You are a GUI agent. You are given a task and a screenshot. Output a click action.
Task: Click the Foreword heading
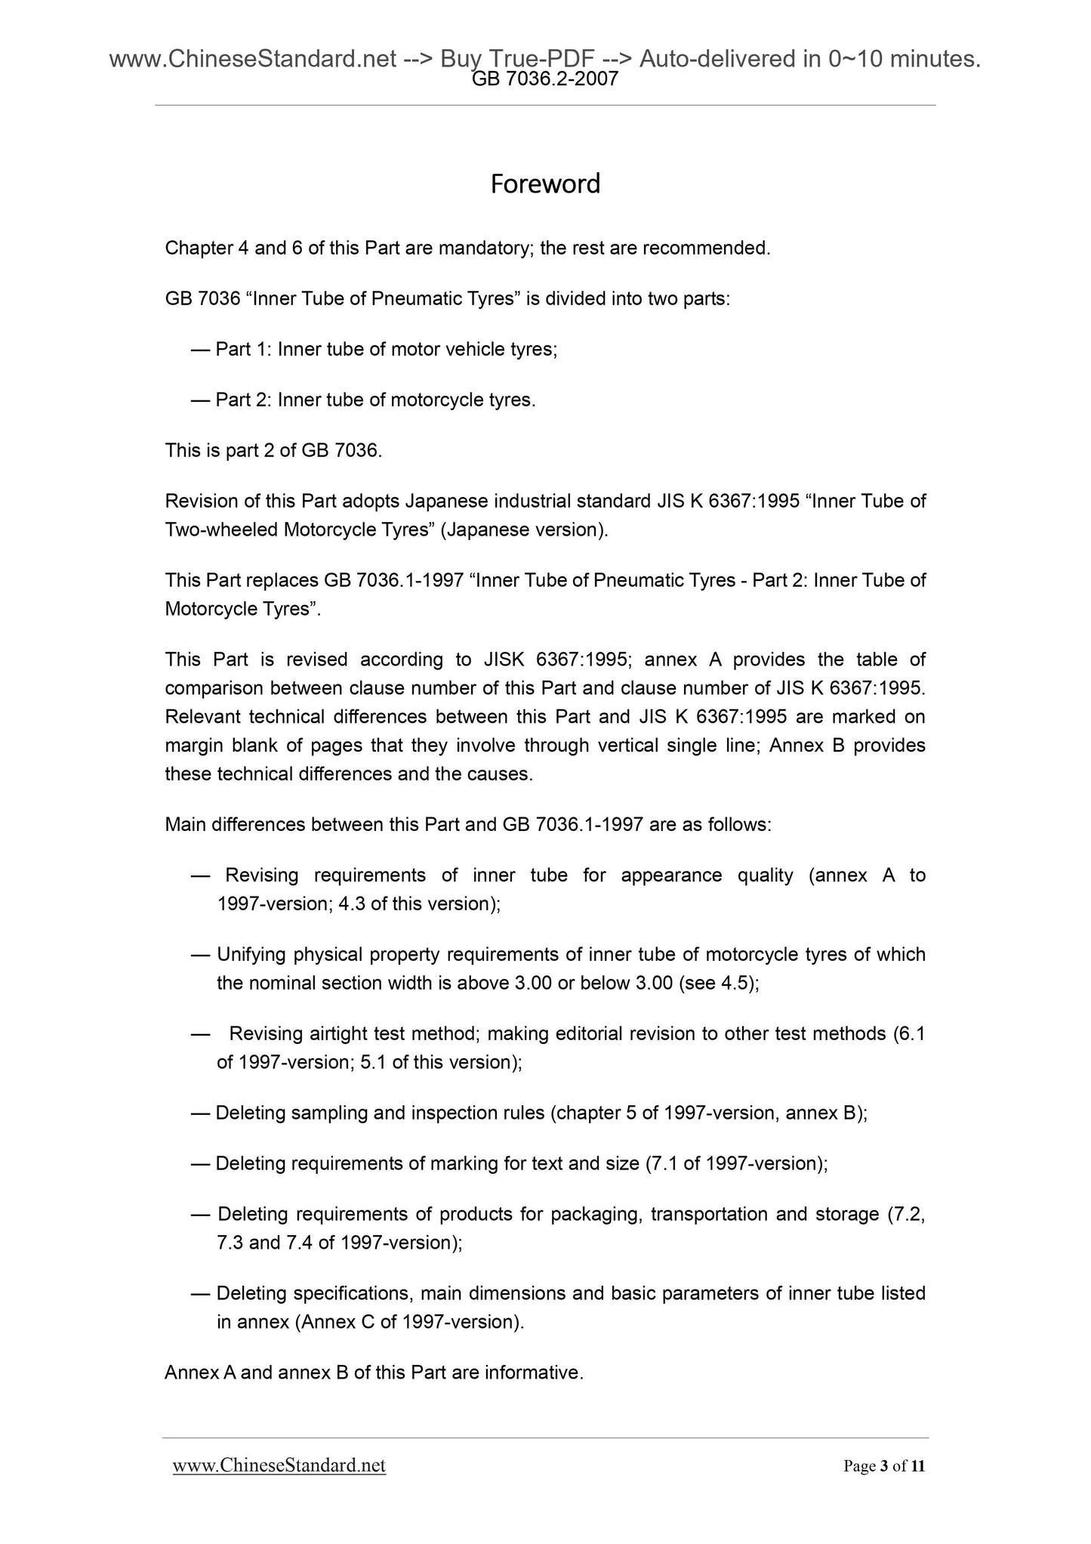pyautogui.click(x=545, y=184)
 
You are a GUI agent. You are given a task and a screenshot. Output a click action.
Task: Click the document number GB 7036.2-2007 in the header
pyautogui.click(x=545, y=79)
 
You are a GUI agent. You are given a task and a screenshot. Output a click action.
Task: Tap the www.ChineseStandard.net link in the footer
pyautogui.click(x=279, y=1465)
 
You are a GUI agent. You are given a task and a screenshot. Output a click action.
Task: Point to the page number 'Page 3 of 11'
pyautogui.click(x=884, y=1466)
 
